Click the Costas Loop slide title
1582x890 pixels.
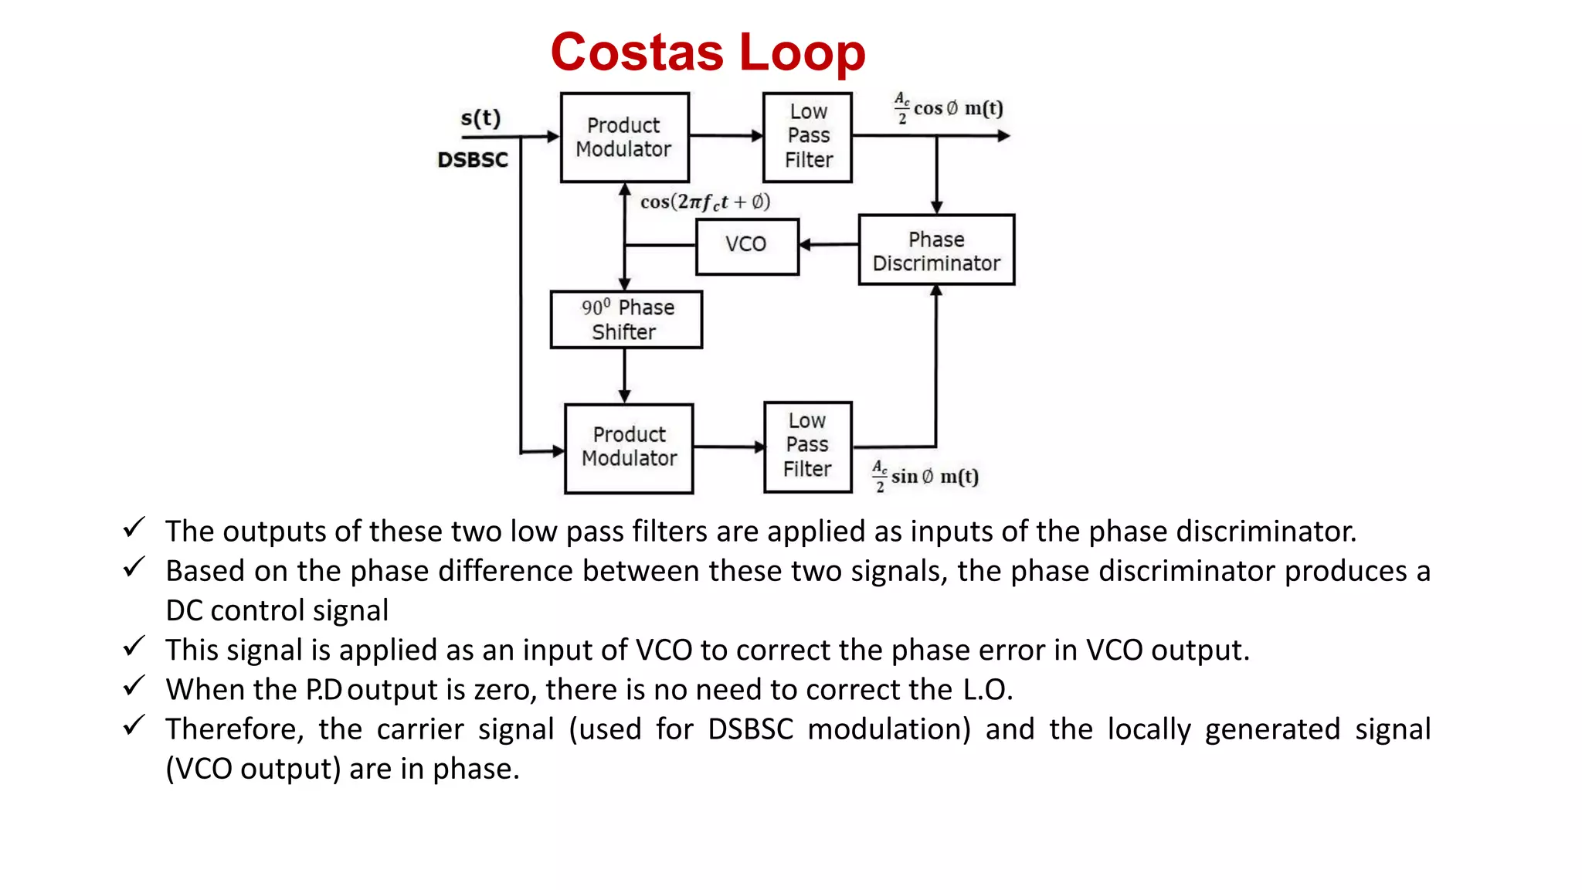(x=708, y=53)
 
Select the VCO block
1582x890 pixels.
(x=747, y=246)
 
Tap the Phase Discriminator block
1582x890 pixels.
(x=936, y=250)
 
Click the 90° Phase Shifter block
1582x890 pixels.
(x=626, y=319)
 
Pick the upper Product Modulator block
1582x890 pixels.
(x=624, y=138)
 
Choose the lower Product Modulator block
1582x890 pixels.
(x=629, y=448)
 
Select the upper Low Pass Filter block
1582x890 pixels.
(x=807, y=137)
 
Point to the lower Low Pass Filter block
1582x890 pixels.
(x=807, y=447)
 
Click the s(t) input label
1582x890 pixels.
(x=480, y=118)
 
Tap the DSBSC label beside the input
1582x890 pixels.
(x=473, y=160)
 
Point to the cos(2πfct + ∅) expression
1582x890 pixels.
(x=705, y=202)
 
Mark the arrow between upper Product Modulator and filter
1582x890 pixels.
(x=725, y=136)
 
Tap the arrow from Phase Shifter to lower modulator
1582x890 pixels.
(x=624, y=375)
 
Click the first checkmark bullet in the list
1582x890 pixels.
(x=134, y=528)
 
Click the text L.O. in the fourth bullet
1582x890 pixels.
(x=986, y=690)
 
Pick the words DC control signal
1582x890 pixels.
(x=277, y=611)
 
